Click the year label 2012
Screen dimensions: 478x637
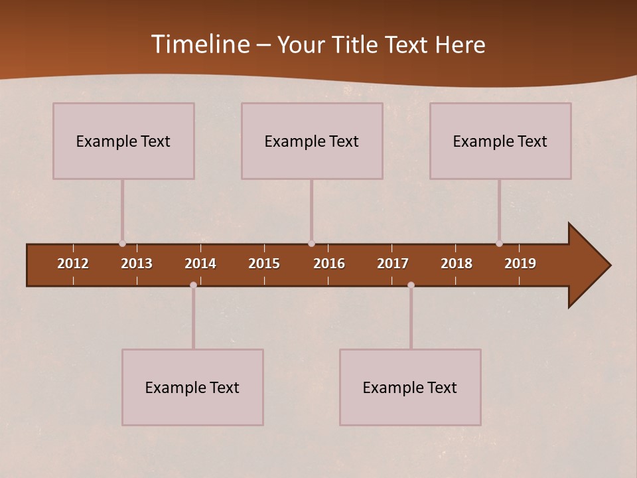(73, 264)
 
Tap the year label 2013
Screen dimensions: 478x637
(137, 264)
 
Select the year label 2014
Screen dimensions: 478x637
(200, 264)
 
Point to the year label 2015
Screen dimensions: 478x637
(264, 264)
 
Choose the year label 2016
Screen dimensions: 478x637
(329, 264)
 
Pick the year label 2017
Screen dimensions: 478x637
(393, 264)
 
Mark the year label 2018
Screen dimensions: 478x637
(457, 264)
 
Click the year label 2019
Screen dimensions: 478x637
(520, 264)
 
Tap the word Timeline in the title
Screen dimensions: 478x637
(200, 44)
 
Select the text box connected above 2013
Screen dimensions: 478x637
(123, 141)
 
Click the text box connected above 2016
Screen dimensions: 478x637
(312, 141)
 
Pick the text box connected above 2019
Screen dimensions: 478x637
(500, 141)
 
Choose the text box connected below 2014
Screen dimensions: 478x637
(192, 387)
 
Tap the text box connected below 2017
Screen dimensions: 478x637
(410, 387)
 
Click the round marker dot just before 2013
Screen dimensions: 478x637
(122, 244)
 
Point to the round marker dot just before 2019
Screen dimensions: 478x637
(499, 244)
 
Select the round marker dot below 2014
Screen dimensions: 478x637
(193, 285)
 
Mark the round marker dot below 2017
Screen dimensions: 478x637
(411, 285)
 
